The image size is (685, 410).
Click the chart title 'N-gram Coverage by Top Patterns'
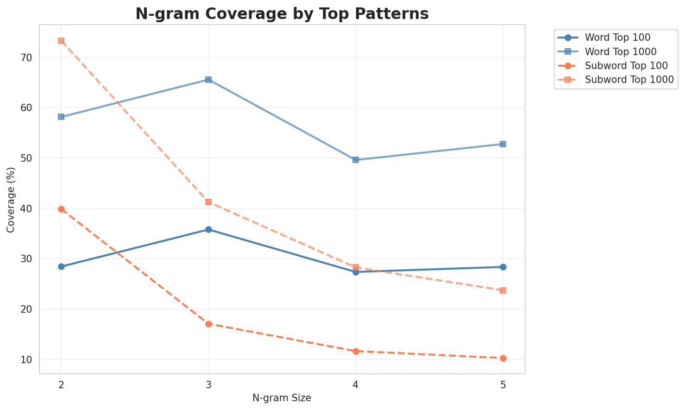point(282,14)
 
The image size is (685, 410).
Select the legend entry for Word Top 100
point(618,37)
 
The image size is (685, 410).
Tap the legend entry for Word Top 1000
point(621,51)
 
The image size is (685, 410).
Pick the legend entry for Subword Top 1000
point(628,79)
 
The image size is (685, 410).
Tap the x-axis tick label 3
point(208,385)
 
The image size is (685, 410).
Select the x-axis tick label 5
point(503,385)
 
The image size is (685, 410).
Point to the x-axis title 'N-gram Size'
point(282,398)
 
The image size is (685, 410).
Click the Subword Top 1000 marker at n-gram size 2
point(61,41)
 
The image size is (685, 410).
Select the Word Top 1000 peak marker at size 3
point(208,80)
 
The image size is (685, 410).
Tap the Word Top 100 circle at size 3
point(208,230)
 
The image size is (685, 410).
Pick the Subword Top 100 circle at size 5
point(503,358)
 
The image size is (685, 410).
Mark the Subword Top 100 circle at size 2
point(61,209)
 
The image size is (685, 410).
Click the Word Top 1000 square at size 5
point(503,144)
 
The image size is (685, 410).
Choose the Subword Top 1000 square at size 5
point(503,290)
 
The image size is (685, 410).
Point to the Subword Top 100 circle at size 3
point(208,324)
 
